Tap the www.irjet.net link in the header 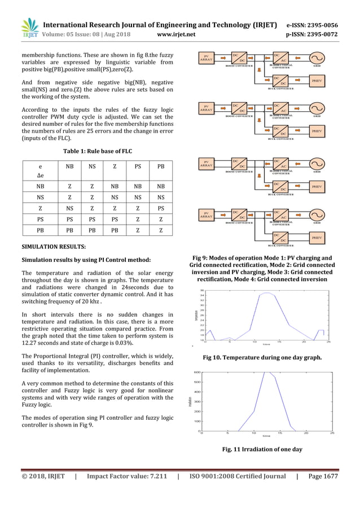(177, 34)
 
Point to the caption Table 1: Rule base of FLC (97, 151)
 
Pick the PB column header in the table (161, 167)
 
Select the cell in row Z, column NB (69, 208)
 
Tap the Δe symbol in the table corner (40, 176)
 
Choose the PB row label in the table (40, 230)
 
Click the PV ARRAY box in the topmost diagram (206, 58)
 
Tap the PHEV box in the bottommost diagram (317, 238)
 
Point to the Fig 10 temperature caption (262, 357)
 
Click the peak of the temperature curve (266, 293)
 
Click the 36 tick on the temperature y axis (201, 291)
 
